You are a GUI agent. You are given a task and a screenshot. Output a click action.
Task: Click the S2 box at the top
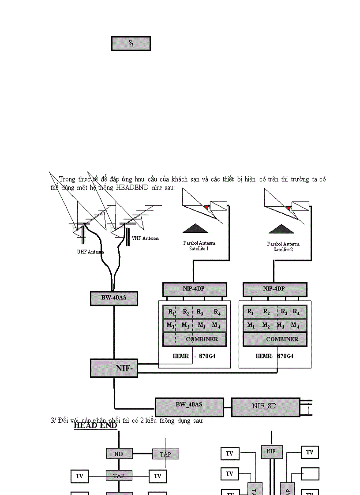tap(131, 44)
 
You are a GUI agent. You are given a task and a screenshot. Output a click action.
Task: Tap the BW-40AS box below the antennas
tap(114, 298)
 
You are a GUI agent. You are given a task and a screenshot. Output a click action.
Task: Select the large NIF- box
tap(114, 368)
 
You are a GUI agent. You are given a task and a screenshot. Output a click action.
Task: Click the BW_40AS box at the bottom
tap(189, 407)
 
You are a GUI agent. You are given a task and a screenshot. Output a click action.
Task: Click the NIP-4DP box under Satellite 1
tap(195, 289)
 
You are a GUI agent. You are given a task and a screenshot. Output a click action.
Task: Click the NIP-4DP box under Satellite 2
tap(275, 289)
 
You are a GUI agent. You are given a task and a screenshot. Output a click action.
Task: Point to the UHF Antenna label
tap(90, 252)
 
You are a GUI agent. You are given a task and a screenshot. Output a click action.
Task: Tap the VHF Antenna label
tap(145, 238)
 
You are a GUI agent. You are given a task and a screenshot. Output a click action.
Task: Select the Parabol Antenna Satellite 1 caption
tap(199, 246)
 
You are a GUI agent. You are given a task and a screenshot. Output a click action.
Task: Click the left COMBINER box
tap(195, 339)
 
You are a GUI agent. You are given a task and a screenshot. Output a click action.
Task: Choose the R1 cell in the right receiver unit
tap(251, 312)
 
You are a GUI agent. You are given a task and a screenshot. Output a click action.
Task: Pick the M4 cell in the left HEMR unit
tap(216, 325)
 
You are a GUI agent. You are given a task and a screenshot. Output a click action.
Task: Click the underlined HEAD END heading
tap(95, 426)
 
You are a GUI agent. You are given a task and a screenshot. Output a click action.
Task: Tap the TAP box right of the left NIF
tap(165, 454)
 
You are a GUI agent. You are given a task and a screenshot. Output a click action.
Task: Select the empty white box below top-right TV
tap(310, 474)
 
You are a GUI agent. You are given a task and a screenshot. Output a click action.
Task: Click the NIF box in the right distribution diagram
tap(272, 451)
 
